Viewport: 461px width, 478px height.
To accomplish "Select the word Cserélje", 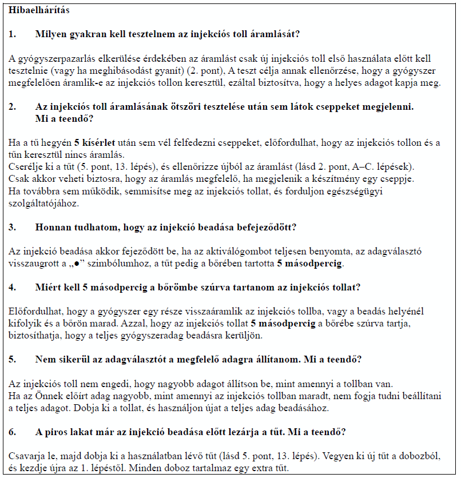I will click(25, 166).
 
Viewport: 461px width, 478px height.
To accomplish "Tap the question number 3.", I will click(12, 227).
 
